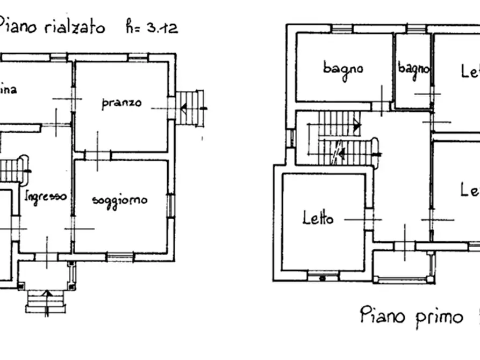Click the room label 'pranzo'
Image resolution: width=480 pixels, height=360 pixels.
[121, 103]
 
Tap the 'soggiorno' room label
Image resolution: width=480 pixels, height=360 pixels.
[119, 200]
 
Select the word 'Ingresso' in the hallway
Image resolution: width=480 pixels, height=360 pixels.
[46, 196]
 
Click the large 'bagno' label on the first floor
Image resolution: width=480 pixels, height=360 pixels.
[343, 68]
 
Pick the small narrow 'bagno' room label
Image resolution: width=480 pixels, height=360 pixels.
[413, 69]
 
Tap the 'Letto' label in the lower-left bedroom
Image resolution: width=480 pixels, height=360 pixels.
[318, 218]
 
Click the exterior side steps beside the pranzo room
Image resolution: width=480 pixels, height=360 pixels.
[191, 107]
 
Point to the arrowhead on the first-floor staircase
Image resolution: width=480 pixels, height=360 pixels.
[357, 127]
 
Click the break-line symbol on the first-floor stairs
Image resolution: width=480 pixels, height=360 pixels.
[337, 154]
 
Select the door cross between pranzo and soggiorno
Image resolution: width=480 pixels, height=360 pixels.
[97, 155]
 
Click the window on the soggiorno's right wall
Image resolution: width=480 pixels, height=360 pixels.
[170, 205]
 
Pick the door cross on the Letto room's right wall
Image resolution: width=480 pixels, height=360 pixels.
[369, 219]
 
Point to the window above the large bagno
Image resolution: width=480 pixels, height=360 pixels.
[341, 29]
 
